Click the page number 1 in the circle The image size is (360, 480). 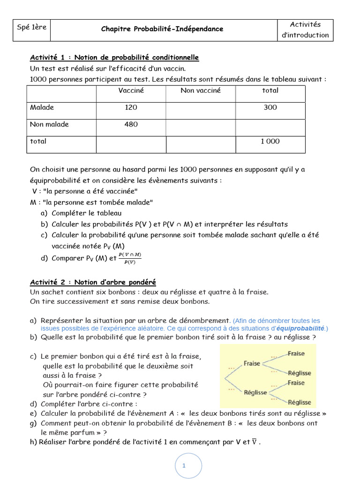tap(184, 465)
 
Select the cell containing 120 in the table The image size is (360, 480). tap(131, 107)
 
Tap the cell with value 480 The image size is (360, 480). tap(131, 124)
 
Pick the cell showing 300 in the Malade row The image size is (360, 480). tap(270, 107)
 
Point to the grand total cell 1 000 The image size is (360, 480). tap(270, 141)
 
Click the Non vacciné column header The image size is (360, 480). tap(201, 90)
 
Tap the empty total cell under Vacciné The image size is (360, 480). tap(131, 144)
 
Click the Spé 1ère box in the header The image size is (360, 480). tap(32, 27)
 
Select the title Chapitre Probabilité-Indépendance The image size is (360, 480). tap(162, 29)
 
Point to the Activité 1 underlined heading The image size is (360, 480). tap(114, 57)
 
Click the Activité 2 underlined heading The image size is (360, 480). tap(93, 282)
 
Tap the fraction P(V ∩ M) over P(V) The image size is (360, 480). tap(130, 258)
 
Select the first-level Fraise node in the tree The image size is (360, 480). tap(252, 363)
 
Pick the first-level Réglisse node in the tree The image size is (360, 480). tap(255, 392)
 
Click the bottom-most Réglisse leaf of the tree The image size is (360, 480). tap(300, 402)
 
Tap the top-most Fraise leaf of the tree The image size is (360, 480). tap(296, 353)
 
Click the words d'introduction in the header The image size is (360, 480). tap(305, 35)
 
